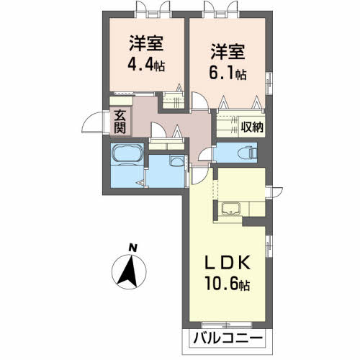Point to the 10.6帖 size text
pyautogui.click(x=228, y=284)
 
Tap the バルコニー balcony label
pyautogui.click(x=229, y=338)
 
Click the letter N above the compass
pyautogui.click(x=132, y=249)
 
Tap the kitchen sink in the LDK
pyautogui.click(x=232, y=210)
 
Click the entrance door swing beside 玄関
pyautogui.click(x=95, y=125)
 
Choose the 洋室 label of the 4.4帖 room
pyautogui.click(x=145, y=41)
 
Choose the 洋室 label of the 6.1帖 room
pyautogui.click(x=228, y=51)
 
